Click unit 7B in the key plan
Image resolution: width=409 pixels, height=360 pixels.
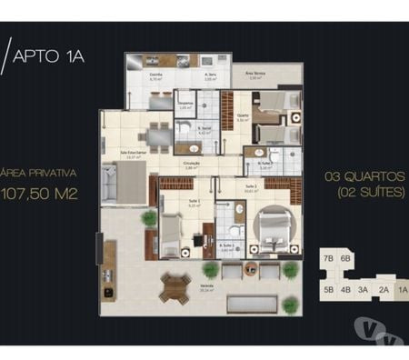click(328, 259)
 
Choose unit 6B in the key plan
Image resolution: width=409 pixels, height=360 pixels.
click(345, 259)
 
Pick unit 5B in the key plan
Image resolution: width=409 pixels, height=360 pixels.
click(328, 290)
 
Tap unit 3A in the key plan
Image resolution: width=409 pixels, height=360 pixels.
click(362, 290)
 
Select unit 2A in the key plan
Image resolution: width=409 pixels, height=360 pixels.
click(384, 290)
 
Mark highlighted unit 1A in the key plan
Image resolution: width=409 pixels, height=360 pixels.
click(402, 290)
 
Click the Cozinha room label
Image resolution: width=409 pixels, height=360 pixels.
click(155, 76)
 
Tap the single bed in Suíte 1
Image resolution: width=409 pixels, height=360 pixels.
click(173, 231)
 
